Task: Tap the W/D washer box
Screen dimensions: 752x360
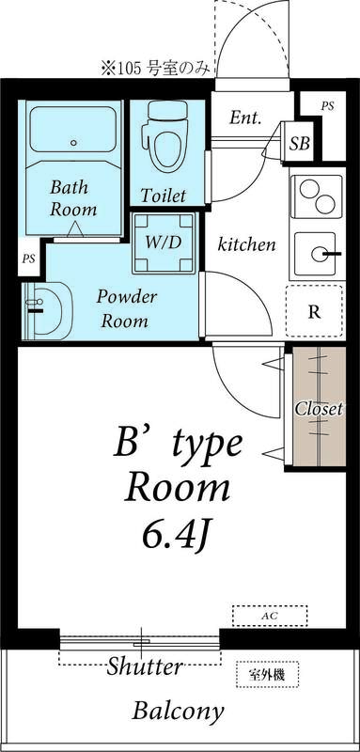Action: point(164,242)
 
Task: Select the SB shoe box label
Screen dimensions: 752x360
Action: point(300,144)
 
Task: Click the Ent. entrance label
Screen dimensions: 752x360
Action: point(245,118)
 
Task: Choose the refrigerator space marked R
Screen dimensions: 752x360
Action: point(314,311)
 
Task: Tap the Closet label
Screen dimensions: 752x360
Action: point(319,410)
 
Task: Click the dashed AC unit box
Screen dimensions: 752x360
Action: point(270,616)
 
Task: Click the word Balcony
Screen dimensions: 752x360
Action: point(178,710)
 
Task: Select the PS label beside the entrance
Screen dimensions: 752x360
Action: point(327,106)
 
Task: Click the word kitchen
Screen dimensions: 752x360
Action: point(246,244)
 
